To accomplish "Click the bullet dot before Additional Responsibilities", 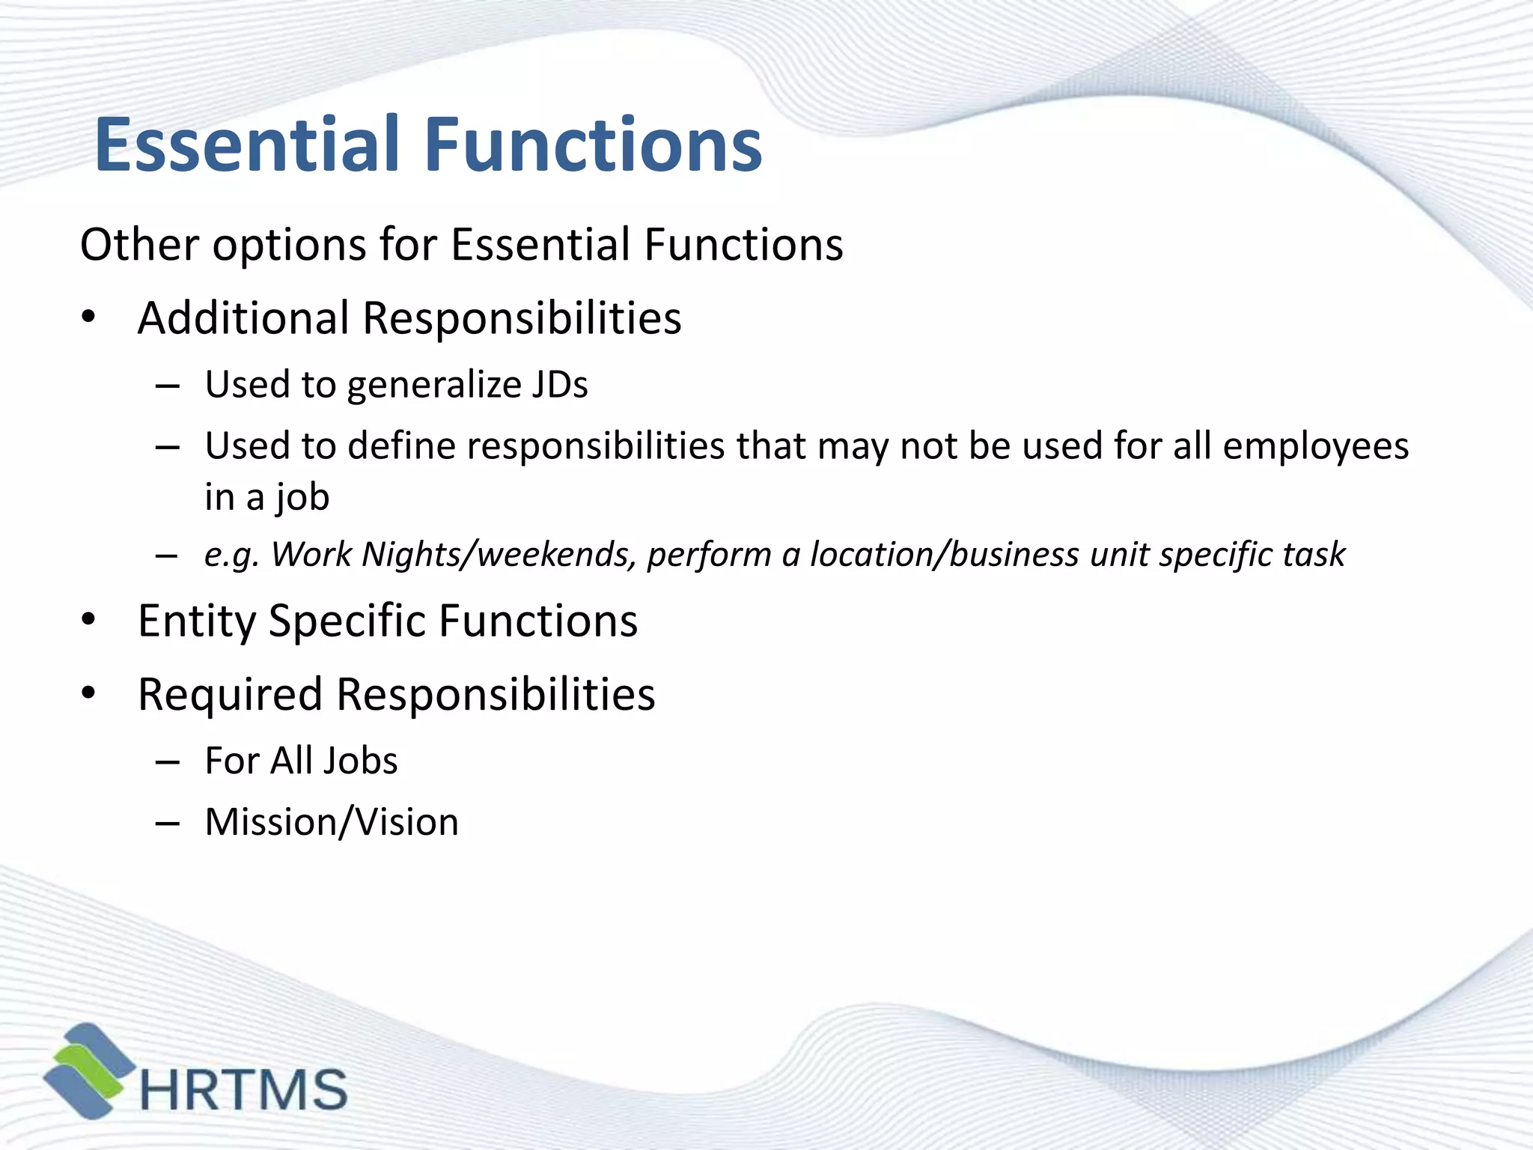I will [89, 318].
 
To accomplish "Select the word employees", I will [1316, 447].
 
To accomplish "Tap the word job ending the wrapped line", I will [302, 498].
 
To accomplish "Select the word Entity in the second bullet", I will [197, 621].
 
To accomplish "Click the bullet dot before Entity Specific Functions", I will [89, 620].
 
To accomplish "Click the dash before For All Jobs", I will [168, 762].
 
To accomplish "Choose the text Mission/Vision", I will [332, 822].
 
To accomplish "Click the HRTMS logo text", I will [244, 1089].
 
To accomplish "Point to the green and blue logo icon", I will [89, 1071].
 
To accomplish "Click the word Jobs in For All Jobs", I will [361, 761].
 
